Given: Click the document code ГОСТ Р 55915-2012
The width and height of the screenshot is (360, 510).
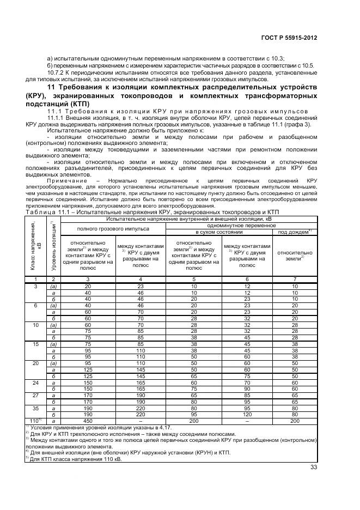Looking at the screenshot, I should tap(289, 38).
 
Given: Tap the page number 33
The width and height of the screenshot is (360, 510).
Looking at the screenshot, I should tap(313, 466).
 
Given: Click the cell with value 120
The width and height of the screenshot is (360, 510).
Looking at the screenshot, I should tap(247, 414).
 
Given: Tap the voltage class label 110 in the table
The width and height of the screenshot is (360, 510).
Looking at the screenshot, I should tap(34, 420).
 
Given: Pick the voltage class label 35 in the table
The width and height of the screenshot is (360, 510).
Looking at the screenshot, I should tap(36, 408).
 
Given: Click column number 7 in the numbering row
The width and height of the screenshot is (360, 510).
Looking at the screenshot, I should tap(295, 278).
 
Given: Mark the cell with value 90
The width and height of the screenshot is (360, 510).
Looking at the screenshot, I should tap(247, 388).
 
